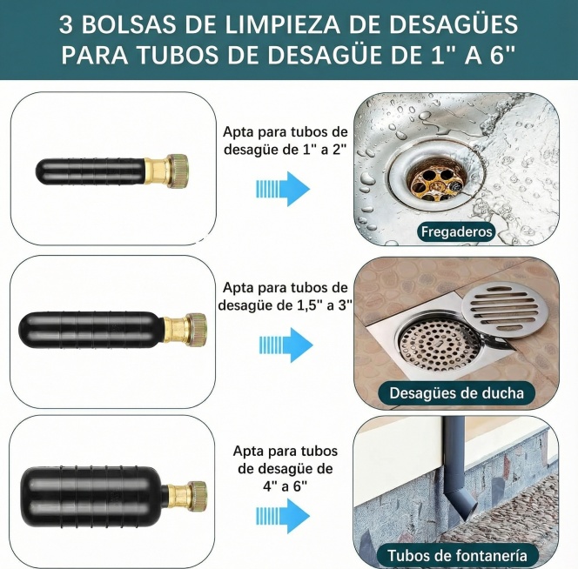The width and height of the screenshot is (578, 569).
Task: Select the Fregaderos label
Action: (456, 231)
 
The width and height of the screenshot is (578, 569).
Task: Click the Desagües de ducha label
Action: (456, 393)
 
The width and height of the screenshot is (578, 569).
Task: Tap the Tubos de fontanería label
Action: (457, 555)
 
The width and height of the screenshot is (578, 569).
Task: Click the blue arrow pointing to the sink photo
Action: (284, 188)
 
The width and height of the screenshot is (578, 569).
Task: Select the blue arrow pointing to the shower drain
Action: (284, 345)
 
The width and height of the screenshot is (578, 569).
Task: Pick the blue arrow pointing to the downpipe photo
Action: (284, 516)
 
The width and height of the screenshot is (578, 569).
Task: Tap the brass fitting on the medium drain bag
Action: (186, 328)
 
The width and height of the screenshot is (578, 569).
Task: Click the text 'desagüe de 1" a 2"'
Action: (285, 149)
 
